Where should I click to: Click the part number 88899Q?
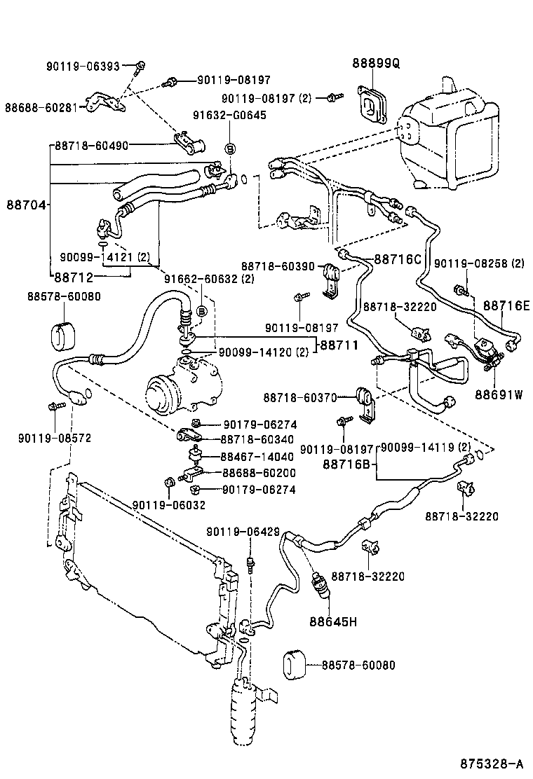(x=375, y=64)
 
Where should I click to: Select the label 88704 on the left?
(x=27, y=205)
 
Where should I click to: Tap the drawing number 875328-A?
(x=491, y=763)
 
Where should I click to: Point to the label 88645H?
(x=333, y=620)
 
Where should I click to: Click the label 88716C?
(x=397, y=258)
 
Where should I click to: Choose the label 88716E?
(x=506, y=305)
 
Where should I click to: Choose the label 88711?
(x=339, y=345)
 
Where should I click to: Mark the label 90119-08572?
(x=55, y=438)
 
